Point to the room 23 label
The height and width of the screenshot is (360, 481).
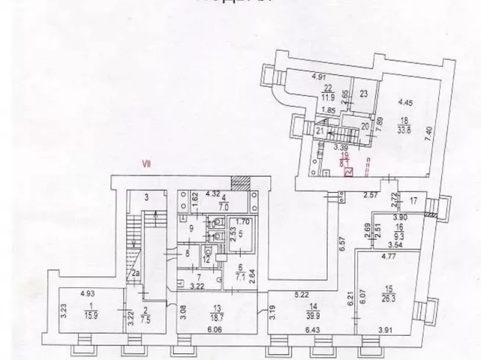point(363,93)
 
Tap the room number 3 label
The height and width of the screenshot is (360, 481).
point(146,197)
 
